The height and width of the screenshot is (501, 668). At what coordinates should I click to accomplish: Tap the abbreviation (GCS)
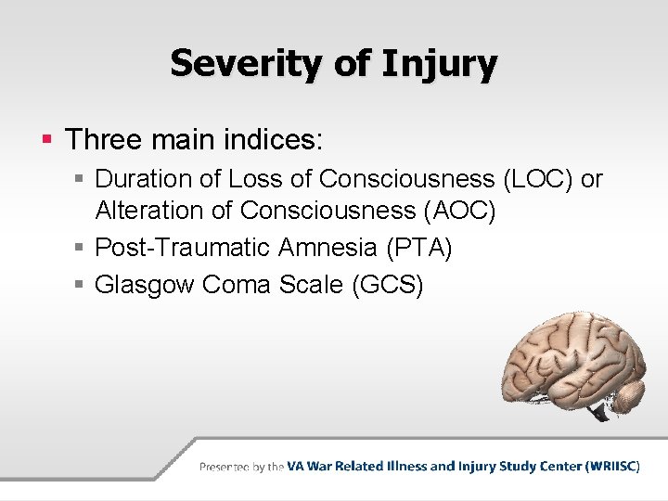(x=388, y=284)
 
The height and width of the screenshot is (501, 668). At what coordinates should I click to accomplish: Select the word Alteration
(x=149, y=211)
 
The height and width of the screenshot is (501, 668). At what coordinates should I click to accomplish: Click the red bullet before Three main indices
(x=45, y=141)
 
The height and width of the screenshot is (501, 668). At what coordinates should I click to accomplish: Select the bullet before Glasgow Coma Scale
(x=82, y=285)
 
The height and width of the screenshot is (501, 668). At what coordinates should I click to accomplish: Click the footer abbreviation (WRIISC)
(x=611, y=467)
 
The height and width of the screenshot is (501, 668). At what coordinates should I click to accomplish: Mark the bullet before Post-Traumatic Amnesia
(x=82, y=249)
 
